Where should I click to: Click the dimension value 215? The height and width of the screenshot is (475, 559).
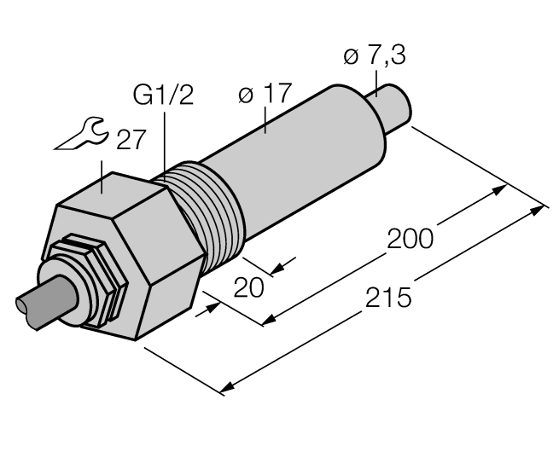pyautogui.click(x=388, y=298)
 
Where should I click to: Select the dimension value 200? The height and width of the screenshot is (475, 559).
pyautogui.click(x=411, y=238)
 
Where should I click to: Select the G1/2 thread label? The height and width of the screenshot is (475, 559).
pyautogui.click(x=164, y=95)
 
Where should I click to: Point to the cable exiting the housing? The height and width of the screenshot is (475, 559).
pyautogui.click(x=43, y=304)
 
